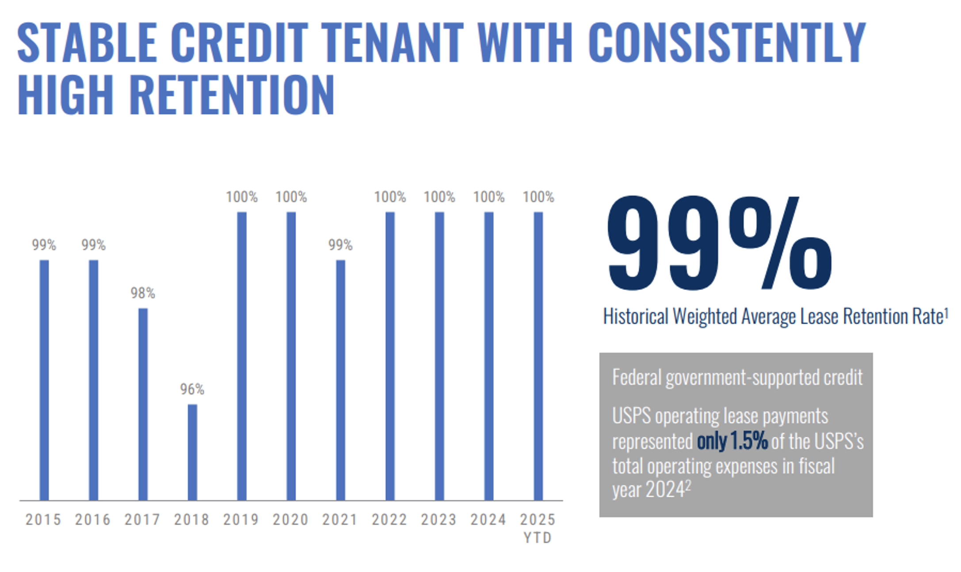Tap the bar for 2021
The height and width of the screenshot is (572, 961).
click(x=340, y=380)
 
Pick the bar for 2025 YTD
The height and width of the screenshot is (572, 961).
click(x=538, y=356)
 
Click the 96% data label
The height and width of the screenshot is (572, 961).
click(x=192, y=389)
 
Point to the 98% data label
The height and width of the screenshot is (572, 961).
click(x=143, y=293)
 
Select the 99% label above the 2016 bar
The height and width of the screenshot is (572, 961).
click(x=93, y=245)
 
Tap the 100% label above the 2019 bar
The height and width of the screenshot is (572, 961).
click(x=242, y=197)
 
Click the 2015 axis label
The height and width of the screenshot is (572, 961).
click(x=43, y=519)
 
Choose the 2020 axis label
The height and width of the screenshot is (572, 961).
click(x=290, y=519)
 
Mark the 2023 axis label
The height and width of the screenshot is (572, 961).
click(x=439, y=519)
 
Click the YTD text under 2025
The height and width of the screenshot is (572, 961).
click(x=538, y=538)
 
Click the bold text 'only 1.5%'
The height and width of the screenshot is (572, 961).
click(x=732, y=441)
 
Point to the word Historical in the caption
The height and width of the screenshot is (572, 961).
click(x=636, y=317)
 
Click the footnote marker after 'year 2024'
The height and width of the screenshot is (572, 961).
click(x=688, y=485)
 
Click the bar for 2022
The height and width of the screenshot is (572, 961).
click(x=390, y=356)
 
